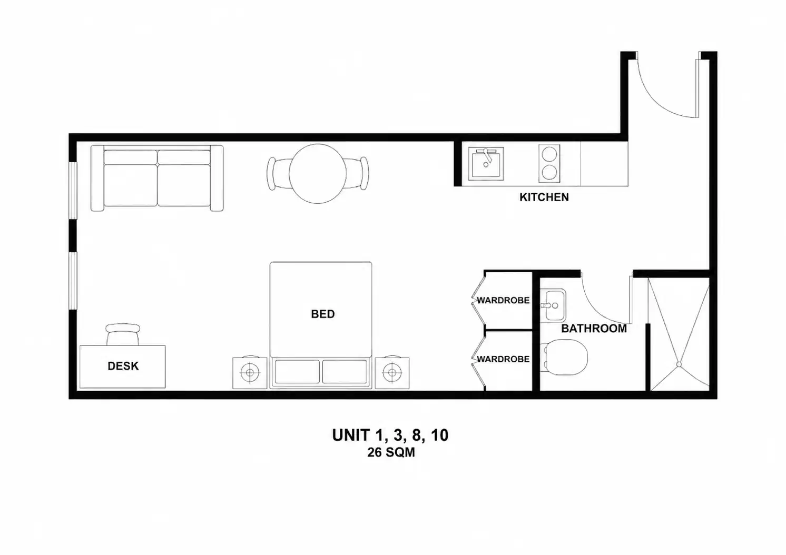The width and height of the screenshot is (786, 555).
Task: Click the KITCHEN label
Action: [544, 197]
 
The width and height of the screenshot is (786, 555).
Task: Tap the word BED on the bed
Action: [323, 314]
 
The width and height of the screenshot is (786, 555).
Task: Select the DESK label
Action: [123, 366]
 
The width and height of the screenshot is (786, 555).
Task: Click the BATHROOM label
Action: [594, 329]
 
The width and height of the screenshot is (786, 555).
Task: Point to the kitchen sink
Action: [486, 164]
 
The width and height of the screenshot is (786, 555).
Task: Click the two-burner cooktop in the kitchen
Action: [549, 163]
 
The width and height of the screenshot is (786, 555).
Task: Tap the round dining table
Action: [318, 174]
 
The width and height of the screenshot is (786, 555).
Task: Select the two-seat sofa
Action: [157, 178]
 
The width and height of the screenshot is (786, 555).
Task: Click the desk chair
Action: [123, 334]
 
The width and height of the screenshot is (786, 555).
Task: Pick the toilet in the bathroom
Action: [565, 357]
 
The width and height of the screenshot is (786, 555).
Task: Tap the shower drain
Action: [679, 364]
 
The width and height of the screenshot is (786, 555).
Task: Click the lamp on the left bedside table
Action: [250, 372]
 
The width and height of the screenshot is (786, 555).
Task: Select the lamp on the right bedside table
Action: [392, 372]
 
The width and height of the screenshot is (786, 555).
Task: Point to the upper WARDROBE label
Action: [503, 300]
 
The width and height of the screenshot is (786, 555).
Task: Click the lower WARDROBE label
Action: [503, 359]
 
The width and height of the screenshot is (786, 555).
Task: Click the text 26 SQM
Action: [391, 452]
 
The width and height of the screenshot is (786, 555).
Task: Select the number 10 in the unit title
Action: [440, 435]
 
